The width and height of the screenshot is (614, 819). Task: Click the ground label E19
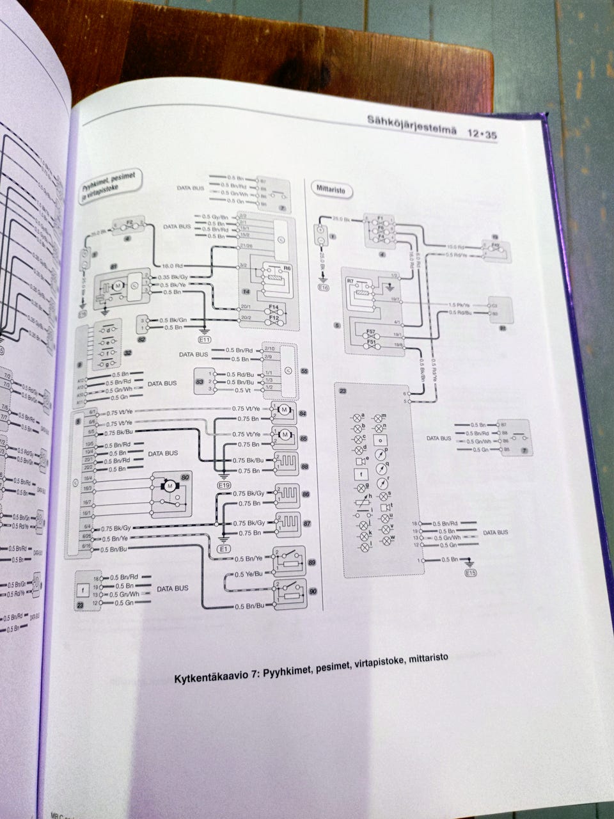(x=223, y=486)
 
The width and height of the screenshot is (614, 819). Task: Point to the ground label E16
(x=323, y=288)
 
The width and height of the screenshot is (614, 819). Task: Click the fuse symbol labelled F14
(x=273, y=308)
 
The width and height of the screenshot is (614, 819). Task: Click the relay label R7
(x=350, y=281)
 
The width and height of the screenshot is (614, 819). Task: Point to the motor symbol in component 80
(x=170, y=486)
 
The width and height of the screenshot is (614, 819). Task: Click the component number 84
(x=303, y=414)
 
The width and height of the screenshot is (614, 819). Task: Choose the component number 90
(x=313, y=592)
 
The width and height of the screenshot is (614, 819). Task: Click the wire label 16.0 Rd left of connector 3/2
(x=173, y=265)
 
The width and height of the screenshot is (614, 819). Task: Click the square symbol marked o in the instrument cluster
(x=381, y=440)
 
